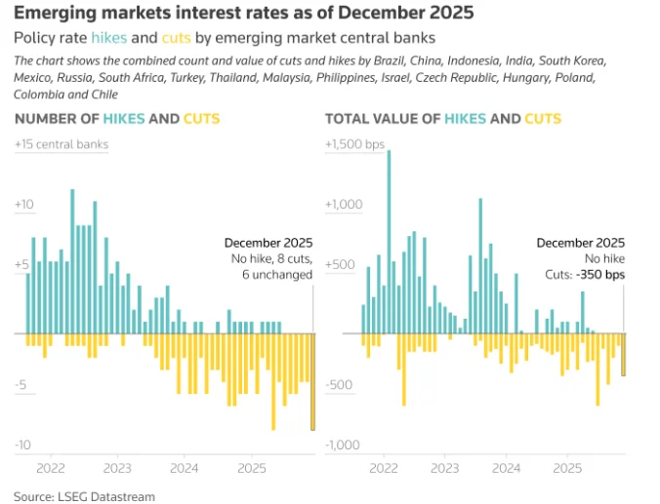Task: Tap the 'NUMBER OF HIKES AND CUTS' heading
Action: tap(116, 119)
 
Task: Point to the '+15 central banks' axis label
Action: tap(61, 144)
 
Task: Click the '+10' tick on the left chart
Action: tap(24, 205)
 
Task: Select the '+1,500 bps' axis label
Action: tap(355, 144)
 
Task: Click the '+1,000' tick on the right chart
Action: tap(344, 205)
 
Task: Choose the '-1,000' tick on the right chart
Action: tap(344, 445)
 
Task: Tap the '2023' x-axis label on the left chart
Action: tap(117, 468)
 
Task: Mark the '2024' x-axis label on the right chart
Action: tap(506, 468)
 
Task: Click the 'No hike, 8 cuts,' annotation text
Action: tap(271, 258)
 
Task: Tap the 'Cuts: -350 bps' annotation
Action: tap(583, 275)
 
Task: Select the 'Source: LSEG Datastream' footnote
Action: tap(84, 496)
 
